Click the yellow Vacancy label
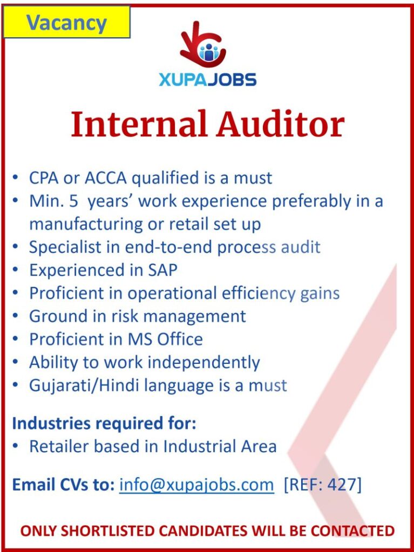[66, 23]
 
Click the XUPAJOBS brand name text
[207, 80]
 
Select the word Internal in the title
[139, 125]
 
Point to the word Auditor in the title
[280, 125]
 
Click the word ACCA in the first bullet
[105, 178]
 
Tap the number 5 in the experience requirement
[73, 202]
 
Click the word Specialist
[65, 247]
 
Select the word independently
[203, 363]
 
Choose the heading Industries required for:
[104, 423]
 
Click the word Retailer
[59, 446]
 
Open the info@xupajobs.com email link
[196, 485]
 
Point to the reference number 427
[341, 485]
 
